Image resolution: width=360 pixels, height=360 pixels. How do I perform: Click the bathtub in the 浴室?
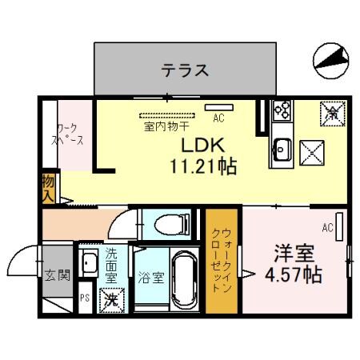183,283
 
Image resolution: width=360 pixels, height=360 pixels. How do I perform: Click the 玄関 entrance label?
56,276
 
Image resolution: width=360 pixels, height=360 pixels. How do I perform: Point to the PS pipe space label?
84,301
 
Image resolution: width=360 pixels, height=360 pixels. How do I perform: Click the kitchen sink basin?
282,149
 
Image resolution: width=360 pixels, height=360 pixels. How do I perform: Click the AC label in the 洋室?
327,227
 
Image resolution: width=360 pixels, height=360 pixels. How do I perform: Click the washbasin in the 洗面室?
89,262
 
